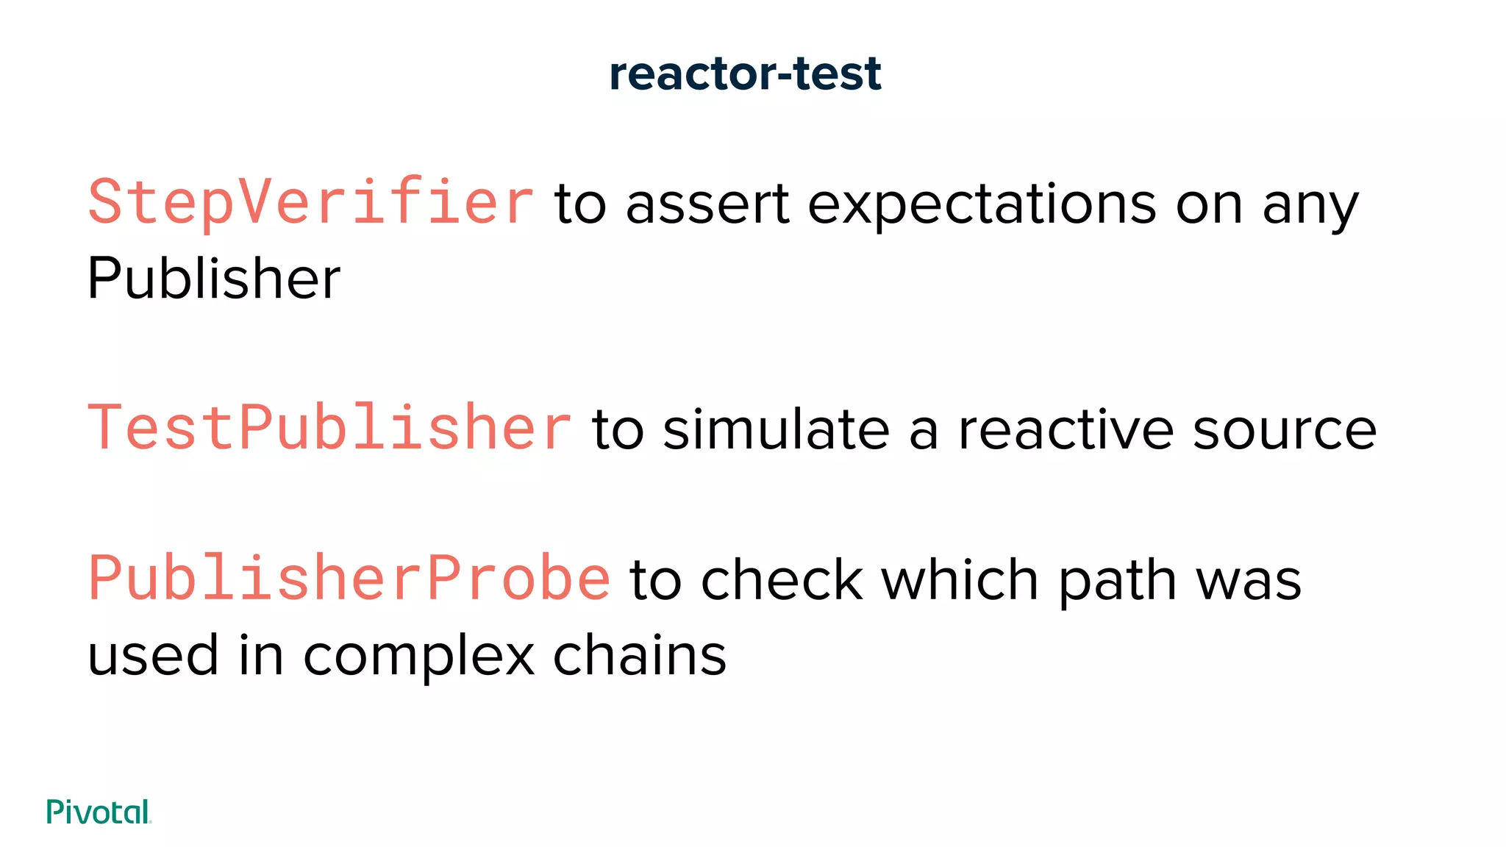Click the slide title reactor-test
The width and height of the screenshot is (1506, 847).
[x=745, y=74]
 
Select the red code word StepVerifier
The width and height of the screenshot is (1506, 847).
[x=310, y=202]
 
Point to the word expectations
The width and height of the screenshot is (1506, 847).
[x=982, y=206]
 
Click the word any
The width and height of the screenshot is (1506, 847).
[x=1310, y=207]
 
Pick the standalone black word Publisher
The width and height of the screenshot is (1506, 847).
[x=213, y=279]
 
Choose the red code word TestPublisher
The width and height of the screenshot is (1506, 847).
[x=329, y=428]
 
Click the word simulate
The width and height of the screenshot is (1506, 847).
[x=777, y=429]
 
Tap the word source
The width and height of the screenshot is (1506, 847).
[x=1284, y=431]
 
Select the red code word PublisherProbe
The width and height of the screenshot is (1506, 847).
[x=349, y=579]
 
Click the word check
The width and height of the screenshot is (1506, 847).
[x=782, y=580]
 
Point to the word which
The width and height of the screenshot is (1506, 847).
[x=961, y=580]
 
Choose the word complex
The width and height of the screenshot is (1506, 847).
[x=418, y=657]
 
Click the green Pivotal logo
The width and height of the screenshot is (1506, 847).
[x=99, y=812]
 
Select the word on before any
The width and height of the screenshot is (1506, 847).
[x=1209, y=205]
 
